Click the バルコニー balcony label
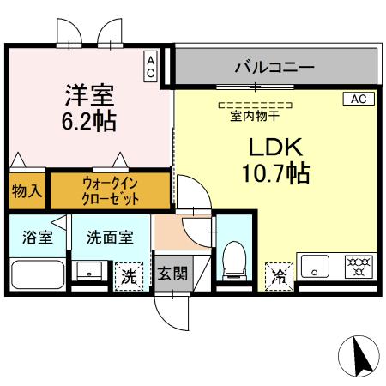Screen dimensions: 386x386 (x=274, y=66)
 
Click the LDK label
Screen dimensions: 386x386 (x=275, y=147)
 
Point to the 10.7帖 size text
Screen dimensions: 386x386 (x=275, y=175)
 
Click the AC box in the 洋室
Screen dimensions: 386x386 (x=151, y=66)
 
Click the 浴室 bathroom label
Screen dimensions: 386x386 (x=37, y=237)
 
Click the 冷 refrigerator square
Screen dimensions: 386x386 (x=279, y=275)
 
